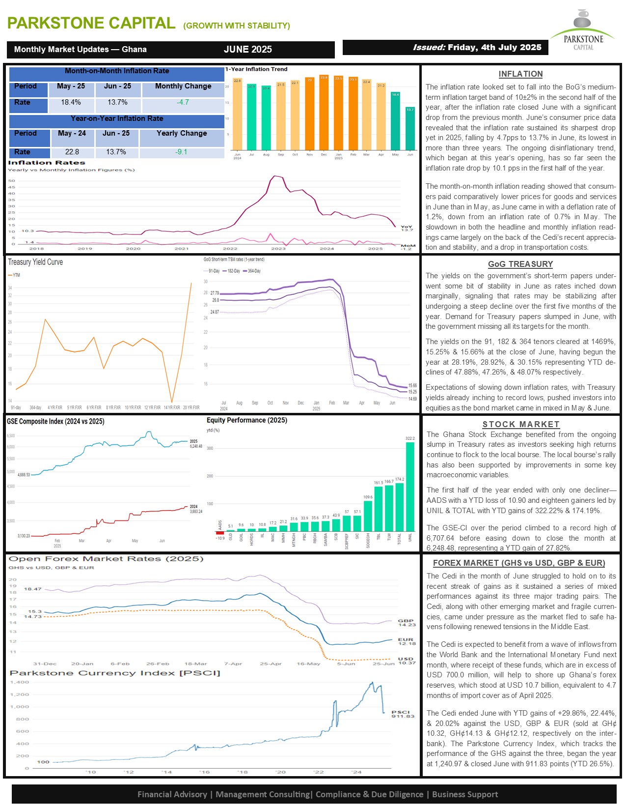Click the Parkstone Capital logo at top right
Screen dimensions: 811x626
coord(583,30)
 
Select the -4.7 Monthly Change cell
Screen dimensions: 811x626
coord(183,102)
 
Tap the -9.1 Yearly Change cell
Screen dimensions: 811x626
coord(181,152)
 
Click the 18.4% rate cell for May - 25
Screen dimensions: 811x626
coord(71,102)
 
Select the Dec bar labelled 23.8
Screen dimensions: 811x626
coord(324,113)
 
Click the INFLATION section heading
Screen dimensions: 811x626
coord(520,74)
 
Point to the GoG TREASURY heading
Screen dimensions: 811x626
coord(520,264)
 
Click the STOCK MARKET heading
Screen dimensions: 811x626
coord(520,424)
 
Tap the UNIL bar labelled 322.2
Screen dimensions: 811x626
coord(410,487)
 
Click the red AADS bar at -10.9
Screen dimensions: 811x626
coord(220,533)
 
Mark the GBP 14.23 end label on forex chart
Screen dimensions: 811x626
coord(407,623)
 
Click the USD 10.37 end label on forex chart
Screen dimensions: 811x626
coord(406,661)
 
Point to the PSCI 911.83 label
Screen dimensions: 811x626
coord(402,714)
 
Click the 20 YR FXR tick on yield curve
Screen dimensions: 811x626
coord(191,407)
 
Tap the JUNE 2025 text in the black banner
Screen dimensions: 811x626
coord(248,49)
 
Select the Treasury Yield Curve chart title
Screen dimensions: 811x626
coord(35,262)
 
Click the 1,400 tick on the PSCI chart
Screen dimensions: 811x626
coord(20,682)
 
